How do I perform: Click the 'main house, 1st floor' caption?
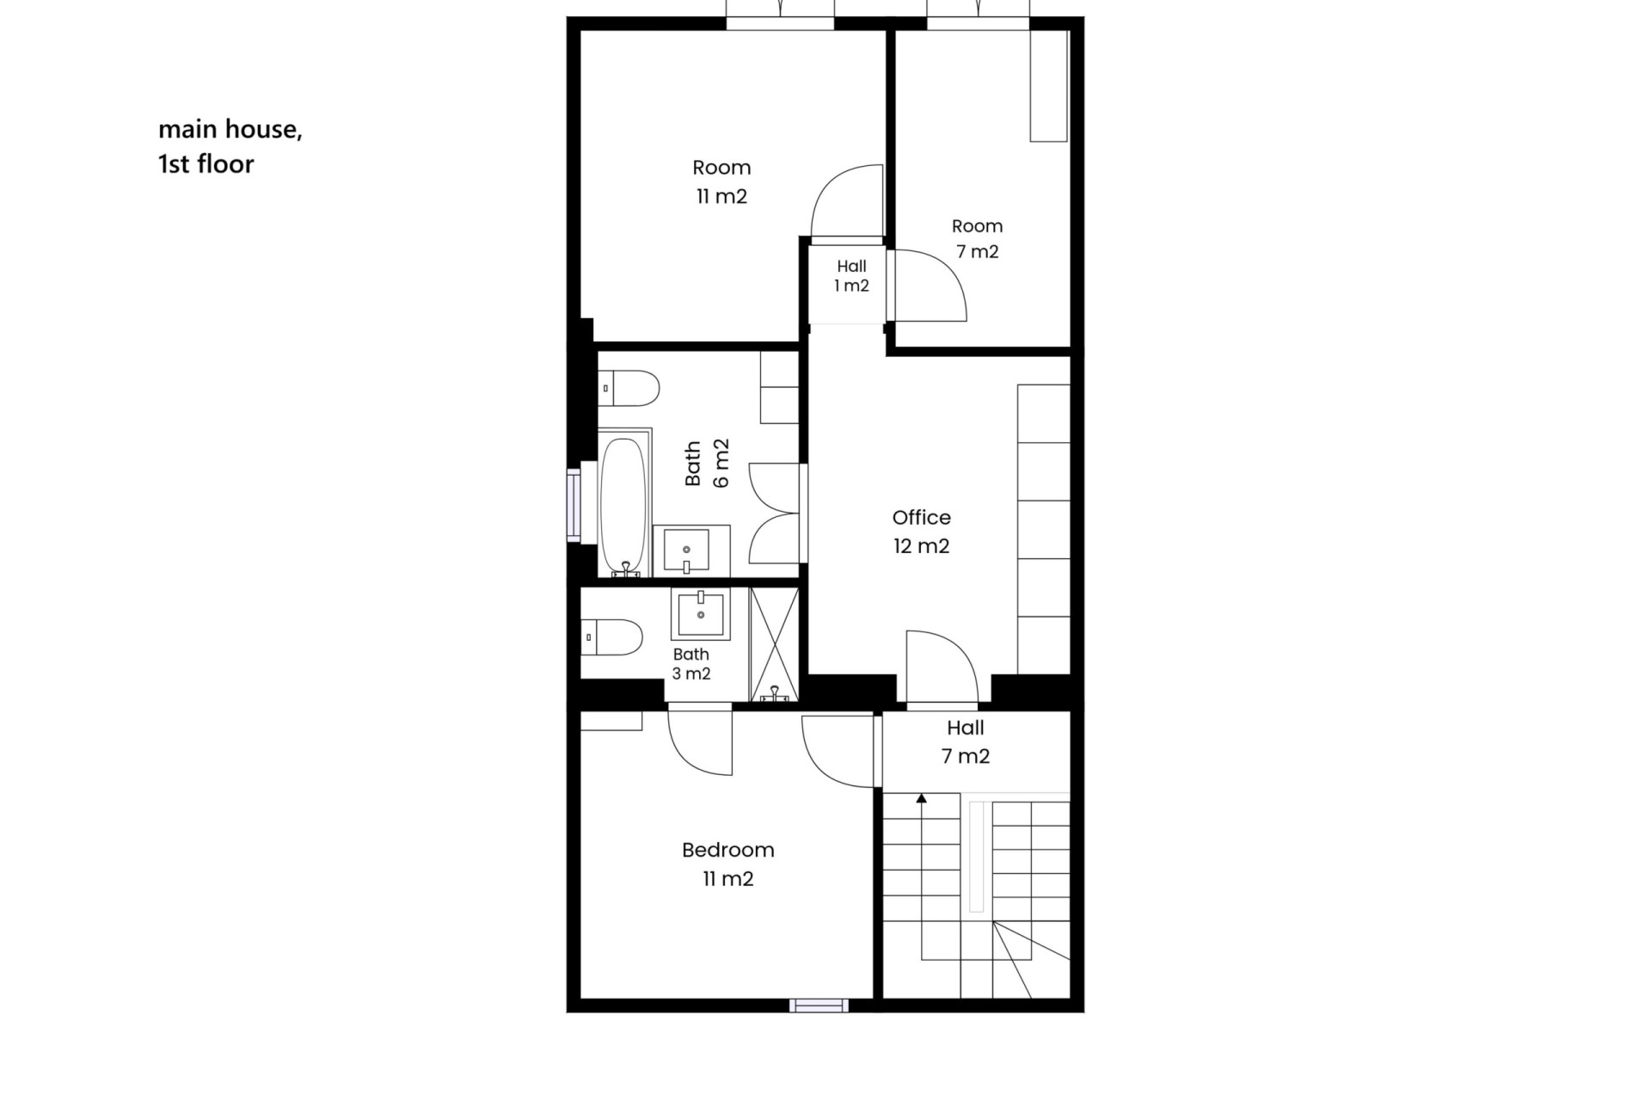(x=230, y=146)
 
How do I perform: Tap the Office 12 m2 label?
(x=921, y=532)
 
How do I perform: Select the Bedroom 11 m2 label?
(x=727, y=864)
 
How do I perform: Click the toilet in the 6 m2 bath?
(x=629, y=389)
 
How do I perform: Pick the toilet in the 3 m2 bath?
(x=611, y=637)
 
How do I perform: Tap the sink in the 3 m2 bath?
(x=700, y=614)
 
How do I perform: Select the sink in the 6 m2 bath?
(x=691, y=550)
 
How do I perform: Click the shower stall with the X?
(x=774, y=643)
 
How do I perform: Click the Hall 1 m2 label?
(x=851, y=276)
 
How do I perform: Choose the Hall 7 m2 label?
(x=965, y=741)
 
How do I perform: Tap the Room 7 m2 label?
(x=977, y=238)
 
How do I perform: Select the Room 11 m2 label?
(x=721, y=181)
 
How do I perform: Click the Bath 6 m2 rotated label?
(x=707, y=463)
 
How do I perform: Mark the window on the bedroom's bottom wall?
(x=819, y=1006)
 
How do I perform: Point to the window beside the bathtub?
(x=574, y=506)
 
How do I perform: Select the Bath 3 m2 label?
(x=691, y=664)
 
